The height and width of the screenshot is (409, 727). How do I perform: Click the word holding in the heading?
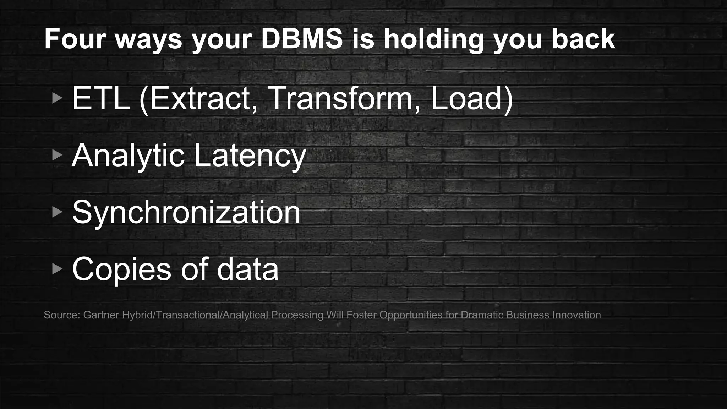click(433, 39)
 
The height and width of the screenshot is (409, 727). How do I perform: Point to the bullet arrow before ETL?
click(57, 98)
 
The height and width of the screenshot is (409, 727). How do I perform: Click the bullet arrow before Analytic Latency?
click(57, 155)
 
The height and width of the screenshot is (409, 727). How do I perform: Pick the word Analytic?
click(128, 156)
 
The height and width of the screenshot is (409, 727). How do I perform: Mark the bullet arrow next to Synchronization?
click(57, 212)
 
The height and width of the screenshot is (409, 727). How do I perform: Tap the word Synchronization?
click(186, 212)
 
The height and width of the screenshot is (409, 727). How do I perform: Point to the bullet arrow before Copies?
click(57, 269)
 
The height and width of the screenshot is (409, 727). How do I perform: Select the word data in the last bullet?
click(247, 269)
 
